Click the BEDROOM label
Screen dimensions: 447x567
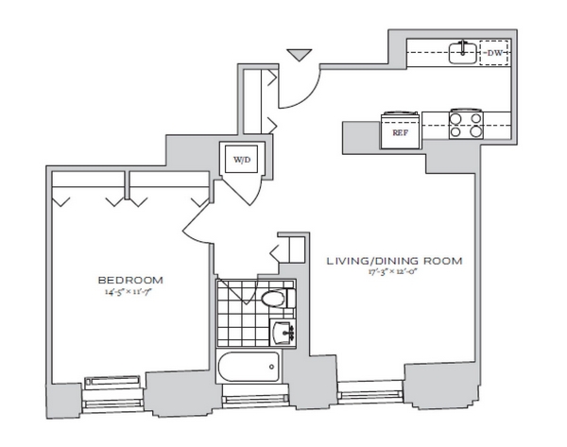(130, 280)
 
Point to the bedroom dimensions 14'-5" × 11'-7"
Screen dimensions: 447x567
(131, 291)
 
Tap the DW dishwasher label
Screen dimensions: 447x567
(492, 54)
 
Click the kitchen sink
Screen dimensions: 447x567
(460, 53)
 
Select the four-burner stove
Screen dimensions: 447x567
(464, 124)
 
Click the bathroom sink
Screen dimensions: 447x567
(283, 332)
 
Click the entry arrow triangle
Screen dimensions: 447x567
(299, 56)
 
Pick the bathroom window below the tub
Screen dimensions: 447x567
(250, 398)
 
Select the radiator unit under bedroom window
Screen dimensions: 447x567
(113, 381)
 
